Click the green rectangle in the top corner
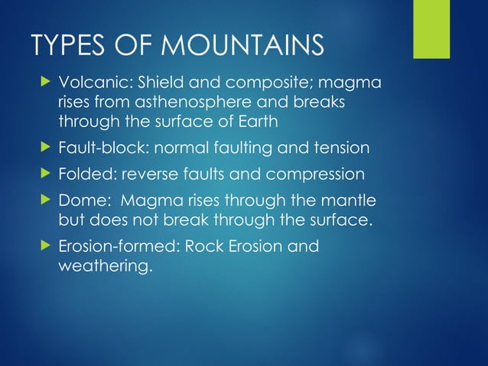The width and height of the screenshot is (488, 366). [x=431, y=28]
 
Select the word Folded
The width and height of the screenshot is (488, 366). [x=86, y=174]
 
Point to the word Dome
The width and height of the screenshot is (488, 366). [x=80, y=201]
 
